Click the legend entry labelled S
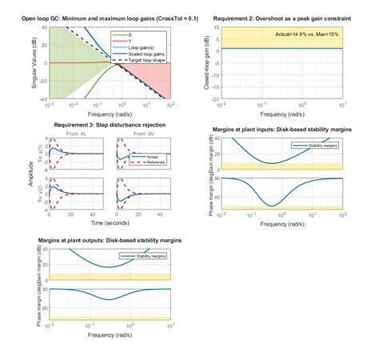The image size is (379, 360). [142, 34]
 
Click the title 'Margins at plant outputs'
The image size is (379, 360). [110, 239]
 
